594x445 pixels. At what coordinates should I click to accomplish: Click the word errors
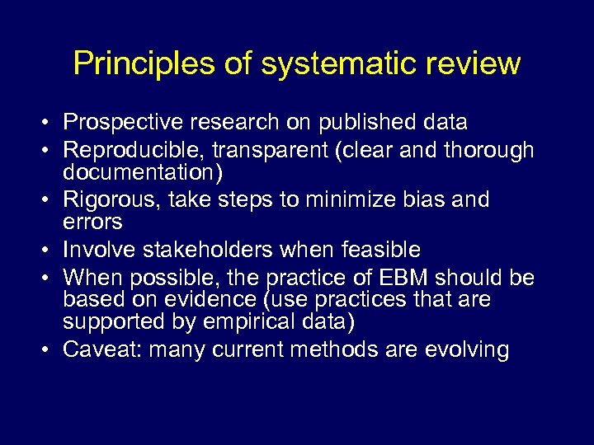(92, 222)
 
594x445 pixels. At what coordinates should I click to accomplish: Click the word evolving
(467, 349)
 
